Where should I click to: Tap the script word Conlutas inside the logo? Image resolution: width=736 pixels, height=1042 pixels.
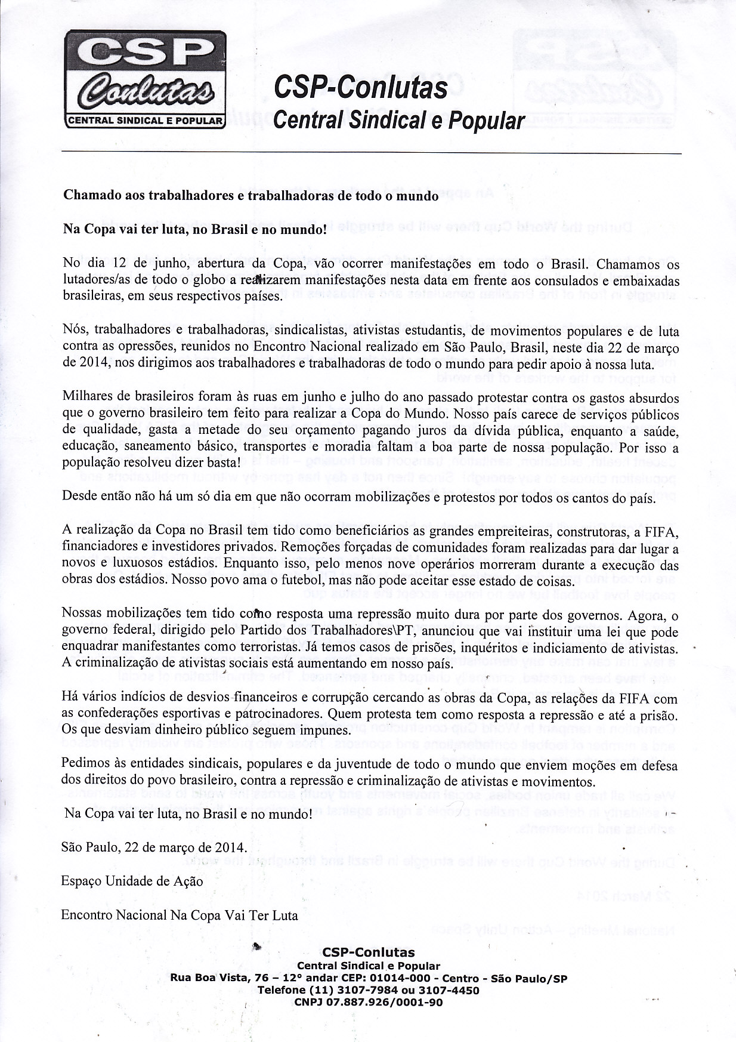click(146, 91)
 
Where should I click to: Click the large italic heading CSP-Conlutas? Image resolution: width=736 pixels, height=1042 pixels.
click(360, 87)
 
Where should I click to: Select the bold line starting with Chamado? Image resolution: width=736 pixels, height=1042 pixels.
click(250, 196)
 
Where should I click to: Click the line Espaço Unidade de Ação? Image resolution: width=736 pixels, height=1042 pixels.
click(132, 881)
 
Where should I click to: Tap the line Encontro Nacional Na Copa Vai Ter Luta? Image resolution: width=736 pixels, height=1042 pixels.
click(179, 915)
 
